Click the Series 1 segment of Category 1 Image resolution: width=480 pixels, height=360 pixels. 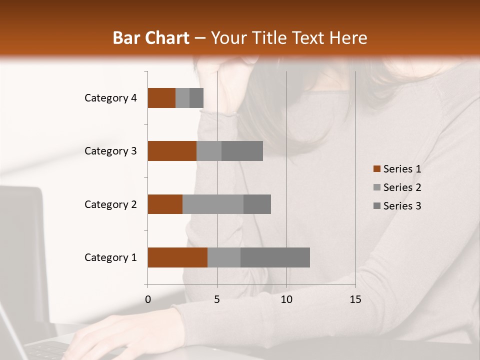[177, 257]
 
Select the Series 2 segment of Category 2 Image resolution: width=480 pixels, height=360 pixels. [213, 204]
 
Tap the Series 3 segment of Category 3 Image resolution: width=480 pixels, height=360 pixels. [242, 151]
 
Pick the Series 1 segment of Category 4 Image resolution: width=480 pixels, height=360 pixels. [161, 98]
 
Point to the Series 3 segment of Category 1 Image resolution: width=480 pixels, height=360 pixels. [275, 257]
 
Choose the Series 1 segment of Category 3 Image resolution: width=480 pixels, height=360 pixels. [172, 151]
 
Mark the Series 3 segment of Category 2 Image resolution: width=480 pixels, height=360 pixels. [257, 204]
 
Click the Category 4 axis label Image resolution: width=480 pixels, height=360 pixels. [110, 98]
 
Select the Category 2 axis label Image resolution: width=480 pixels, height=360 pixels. [110, 204]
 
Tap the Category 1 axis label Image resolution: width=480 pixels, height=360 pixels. [110, 257]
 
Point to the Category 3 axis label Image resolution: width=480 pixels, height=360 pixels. [110, 151]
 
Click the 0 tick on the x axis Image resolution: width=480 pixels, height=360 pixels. [148, 299]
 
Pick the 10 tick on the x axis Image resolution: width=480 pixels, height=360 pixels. [286, 299]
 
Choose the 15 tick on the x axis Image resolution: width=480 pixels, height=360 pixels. [355, 299]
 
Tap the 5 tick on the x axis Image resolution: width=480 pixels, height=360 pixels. [217, 299]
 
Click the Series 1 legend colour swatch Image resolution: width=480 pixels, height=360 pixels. [377, 169]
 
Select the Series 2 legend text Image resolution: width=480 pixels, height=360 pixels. [402, 187]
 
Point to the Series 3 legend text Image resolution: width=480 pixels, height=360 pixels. [402, 206]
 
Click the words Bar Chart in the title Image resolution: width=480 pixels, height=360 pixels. [151, 37]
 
